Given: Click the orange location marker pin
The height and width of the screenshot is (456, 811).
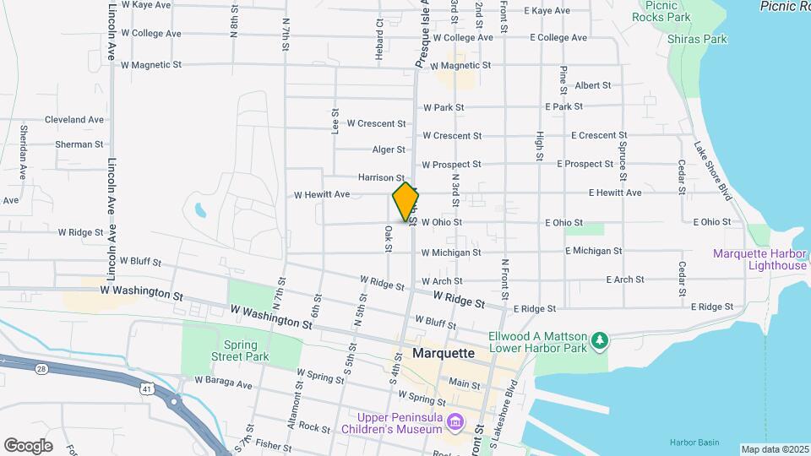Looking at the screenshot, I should point(405,201).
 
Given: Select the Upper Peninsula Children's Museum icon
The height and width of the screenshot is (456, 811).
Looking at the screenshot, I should point(455,421).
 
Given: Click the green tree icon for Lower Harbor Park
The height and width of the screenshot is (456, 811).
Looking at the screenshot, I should point(600,339).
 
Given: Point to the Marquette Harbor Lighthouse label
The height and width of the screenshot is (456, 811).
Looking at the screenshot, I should point(759,259).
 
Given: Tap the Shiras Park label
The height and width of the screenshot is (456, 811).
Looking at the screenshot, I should point(697,39).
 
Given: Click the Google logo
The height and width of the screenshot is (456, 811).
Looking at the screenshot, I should point(28,445).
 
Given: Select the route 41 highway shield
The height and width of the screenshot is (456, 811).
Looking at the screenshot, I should point(147,389).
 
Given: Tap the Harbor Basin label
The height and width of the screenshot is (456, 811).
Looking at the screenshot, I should point(694,442).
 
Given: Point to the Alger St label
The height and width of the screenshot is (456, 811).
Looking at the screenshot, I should point(389,149).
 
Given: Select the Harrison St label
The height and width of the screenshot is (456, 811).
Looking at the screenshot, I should point(381,177).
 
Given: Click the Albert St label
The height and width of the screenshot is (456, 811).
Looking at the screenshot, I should point(592,85).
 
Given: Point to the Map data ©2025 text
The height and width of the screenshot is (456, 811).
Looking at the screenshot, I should point(774,449).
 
